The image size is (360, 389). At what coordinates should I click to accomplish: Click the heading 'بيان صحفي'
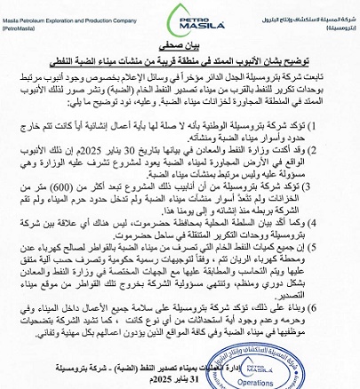(180, 45)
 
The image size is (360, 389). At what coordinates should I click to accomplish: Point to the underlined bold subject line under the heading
(180, 60)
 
